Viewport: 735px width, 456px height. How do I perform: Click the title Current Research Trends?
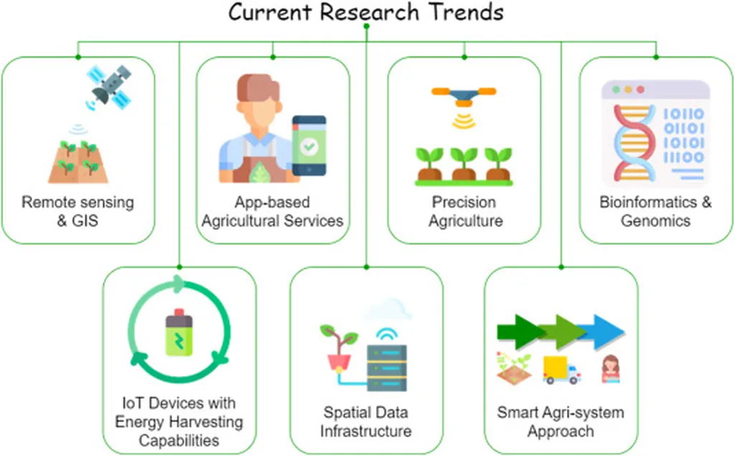pyautogui.click(x=365, y=11)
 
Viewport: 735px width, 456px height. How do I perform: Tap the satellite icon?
pyautogui.click(x=109, y=88)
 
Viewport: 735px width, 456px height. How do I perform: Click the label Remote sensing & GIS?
pyautogui.click(x=78, y=211)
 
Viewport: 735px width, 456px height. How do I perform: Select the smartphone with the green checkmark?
pyautogui.click(x=309, y=146)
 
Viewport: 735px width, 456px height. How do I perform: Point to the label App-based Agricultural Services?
pyautogui.click(x=272, y=211)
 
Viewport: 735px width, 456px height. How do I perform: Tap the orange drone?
pyautogui.click(x=464, y=96)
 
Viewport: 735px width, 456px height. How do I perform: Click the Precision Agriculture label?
pyautogui.click(x=465, y=211)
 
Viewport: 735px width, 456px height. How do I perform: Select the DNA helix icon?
pyautogui.click(x=634, y=143)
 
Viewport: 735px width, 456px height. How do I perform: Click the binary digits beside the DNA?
pyautogui.click(x=684, y=136)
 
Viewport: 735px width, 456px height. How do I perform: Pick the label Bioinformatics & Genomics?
pyautogui.click(x=655, y=211)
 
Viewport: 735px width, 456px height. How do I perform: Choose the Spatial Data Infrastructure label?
pyautogui.click(x=366, y=422)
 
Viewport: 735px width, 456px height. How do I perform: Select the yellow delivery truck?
pyautogui.click(x=561, y=370)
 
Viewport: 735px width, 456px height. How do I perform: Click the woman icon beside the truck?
pyautogui.click(x=610, y=368)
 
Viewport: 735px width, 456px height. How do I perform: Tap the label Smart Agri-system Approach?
pyautogui.click(x=561, y=422)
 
